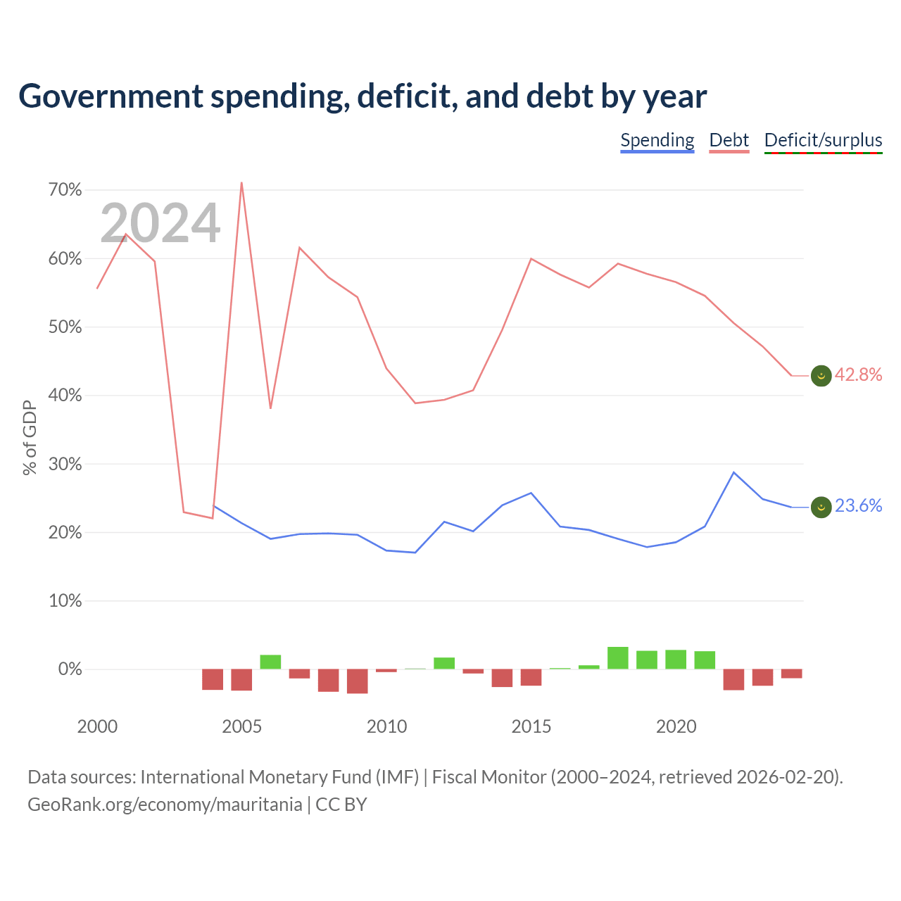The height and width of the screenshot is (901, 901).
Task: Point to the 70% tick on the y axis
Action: tap(65, 190)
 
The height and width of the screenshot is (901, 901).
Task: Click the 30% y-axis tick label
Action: tap(65, 464)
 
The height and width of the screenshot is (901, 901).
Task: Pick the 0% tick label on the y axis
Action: tap(70, 669)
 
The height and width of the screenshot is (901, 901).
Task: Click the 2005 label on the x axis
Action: tap(241, 726)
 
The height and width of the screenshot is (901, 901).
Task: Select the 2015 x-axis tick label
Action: tap(531, 726)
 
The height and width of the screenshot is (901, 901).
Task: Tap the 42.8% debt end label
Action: tap(859, 374)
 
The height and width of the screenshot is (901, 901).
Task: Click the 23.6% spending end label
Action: tap(859, 505)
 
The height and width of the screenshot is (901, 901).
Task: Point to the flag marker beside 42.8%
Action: tap(821, 375)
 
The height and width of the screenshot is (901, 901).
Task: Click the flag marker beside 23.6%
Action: tap(821, 507)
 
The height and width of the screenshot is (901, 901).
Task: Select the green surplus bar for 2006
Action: tap(270, 662)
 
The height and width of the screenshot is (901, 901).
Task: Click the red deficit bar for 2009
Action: tap(357, 681)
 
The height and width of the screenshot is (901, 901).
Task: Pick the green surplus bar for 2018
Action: tap(617, 657)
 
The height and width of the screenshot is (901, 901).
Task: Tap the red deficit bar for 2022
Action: tap(733, 679)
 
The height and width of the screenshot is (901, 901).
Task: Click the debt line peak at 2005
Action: tap(241, 182)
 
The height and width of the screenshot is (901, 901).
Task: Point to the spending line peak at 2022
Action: tap(733, 472)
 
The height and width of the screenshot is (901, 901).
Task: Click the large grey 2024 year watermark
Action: tap(160, 222)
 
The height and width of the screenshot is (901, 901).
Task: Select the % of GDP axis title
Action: tap(30, 438)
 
